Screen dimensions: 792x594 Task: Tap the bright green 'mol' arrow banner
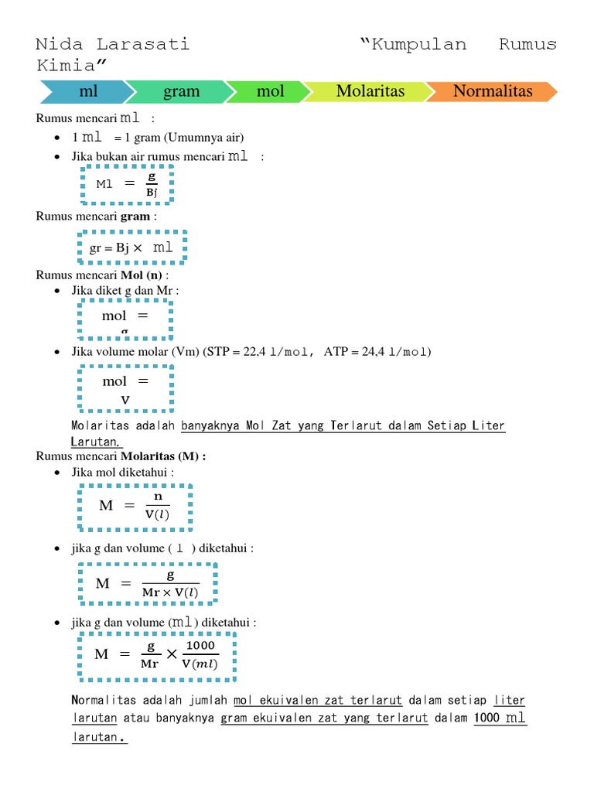[270, 91]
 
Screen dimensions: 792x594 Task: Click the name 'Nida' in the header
[60, 44]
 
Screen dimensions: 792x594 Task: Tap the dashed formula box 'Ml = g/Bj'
[126, 184]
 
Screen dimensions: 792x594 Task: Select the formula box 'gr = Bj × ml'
[131, 247]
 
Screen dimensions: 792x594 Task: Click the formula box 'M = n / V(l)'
[135, 507]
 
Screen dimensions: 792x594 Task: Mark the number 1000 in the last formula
[200, 646]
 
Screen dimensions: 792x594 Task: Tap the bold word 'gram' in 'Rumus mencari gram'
[135, 217]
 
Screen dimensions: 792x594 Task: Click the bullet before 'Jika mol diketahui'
[59, 473]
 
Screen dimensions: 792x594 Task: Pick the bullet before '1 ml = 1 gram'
[59, 138]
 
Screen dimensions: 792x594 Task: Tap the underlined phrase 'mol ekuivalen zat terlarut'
[317, 701]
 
